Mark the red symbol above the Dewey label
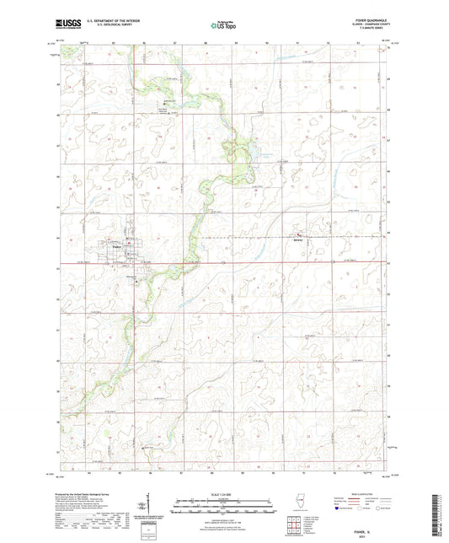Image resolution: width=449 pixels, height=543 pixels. pos(297,233)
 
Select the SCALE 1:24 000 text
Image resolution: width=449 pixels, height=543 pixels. pos(223,495)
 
